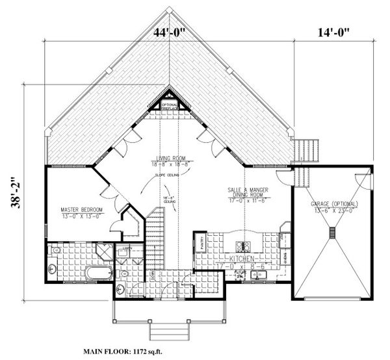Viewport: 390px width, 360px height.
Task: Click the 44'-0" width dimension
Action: tap(170, 32)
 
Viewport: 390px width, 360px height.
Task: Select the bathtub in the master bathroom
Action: tap(99, 272)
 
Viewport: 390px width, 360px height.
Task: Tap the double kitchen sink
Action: tap(260, 275)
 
